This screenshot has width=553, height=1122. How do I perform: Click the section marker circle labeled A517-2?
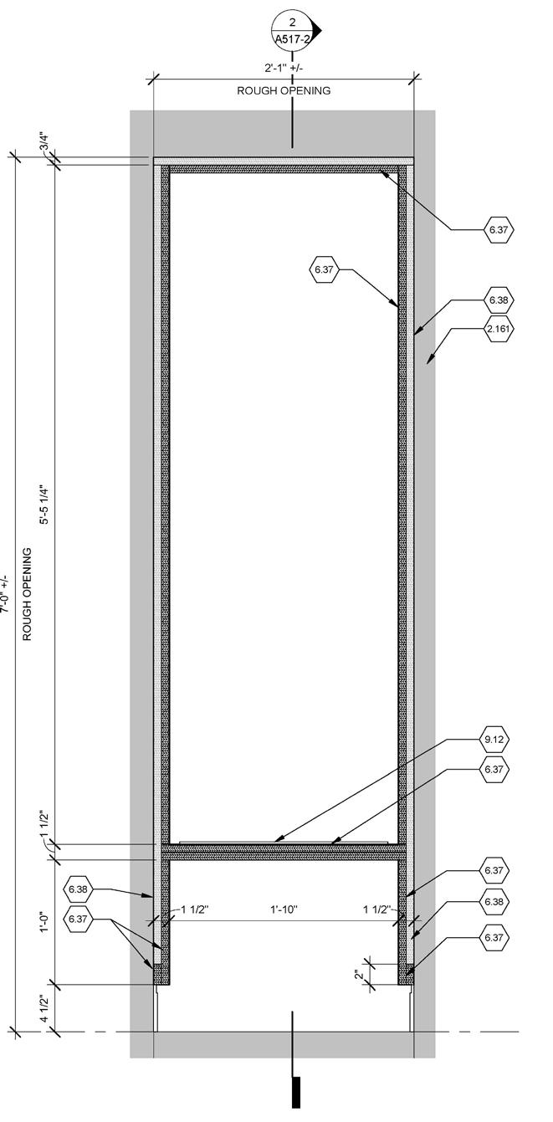[x=292, y=30]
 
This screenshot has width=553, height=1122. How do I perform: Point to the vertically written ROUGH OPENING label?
[x=27, y=594]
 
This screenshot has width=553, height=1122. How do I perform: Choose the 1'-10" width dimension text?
[x=283, y=909]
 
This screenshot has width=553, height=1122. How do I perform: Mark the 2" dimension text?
[x=360, y=974]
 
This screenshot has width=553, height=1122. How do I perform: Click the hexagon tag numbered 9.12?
[x=494, y=740]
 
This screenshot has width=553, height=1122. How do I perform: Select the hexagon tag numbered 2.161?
[x=499, y=330]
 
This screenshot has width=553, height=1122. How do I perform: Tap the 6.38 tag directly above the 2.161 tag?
[x=499, y=300]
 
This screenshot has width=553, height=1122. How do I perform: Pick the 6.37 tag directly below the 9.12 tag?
[x=494, y=769]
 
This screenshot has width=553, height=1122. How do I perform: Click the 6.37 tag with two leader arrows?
[x=78, y=919]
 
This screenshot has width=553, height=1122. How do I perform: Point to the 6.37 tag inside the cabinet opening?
[x=324, y=269]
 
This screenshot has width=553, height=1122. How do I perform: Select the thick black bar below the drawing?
[x=295, y=1094]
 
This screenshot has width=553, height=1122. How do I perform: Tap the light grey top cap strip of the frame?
[x=284, y=161]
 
